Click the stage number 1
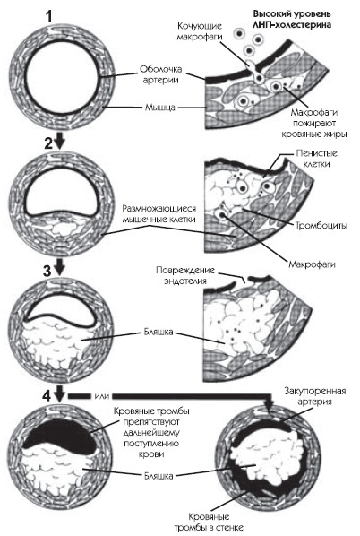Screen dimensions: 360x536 pos(49,16)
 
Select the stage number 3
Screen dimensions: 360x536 pos(47,271)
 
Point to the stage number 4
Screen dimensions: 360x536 pos(47,396)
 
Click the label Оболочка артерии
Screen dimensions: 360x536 pos(160,74)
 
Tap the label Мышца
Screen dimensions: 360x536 pos(160,108)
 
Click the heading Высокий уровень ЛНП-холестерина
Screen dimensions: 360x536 pos(292,19)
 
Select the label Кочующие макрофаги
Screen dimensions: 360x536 pos(200,31)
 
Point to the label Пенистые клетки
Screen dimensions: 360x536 pos(316,159)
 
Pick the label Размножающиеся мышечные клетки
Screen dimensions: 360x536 pos(159,213)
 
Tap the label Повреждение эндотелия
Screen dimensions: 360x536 pos(185,275)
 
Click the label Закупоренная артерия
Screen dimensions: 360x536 pos(314,396)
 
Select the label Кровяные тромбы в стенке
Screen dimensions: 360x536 pos(209,522)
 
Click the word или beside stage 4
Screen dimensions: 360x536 pos(102,396)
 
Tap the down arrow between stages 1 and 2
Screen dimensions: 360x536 pos(60,140)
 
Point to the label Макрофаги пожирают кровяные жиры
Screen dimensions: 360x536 pos(314,123)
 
